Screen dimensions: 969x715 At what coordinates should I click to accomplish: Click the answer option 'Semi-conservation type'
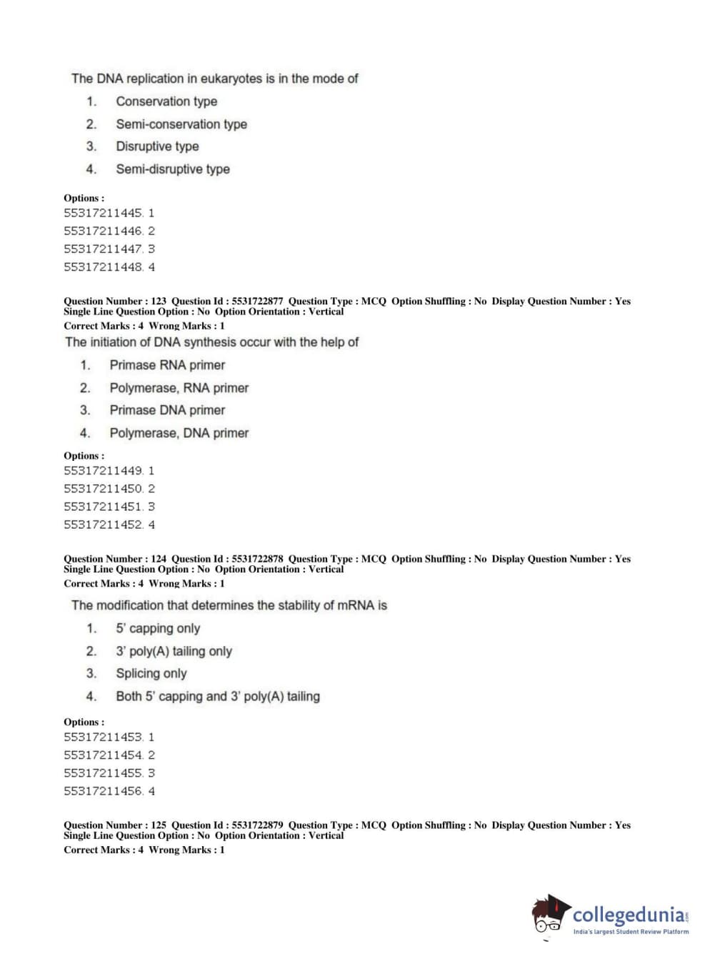point(181,124)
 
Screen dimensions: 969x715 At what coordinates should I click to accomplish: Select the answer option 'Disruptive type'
point(157,146)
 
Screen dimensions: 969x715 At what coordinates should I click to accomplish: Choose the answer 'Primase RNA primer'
point(167,365)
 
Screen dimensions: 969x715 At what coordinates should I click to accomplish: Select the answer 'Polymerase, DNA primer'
point(179,433)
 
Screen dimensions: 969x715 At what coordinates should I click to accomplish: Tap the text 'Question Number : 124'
point(115,559)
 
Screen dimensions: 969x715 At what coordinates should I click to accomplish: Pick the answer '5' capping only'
point(158,629)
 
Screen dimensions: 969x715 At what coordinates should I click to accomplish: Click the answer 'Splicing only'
point(151,674)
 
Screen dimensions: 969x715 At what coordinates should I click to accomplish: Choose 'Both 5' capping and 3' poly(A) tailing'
point(218,697)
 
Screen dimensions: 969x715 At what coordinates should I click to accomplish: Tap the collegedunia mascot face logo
point(550,915)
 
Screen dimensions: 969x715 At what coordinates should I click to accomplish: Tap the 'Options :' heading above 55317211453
point(84,722)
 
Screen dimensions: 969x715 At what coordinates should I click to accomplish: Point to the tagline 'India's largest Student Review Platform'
point(631,932)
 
